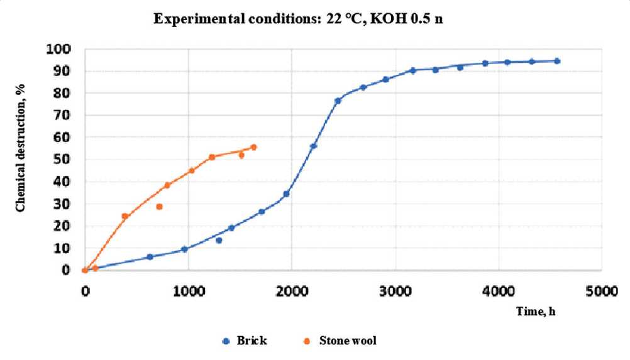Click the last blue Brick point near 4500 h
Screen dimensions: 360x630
click(557, 61)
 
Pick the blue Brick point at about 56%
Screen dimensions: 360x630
click(313, 146)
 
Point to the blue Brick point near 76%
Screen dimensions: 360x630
click(338, 101)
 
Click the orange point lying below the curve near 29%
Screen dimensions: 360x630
click(159, 207)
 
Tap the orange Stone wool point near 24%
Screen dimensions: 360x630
click(125, 216)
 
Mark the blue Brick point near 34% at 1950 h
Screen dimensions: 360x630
click(286, 194)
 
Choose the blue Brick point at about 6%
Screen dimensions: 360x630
click(150, 257)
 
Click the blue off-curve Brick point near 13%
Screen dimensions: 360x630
click(219, 240)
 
